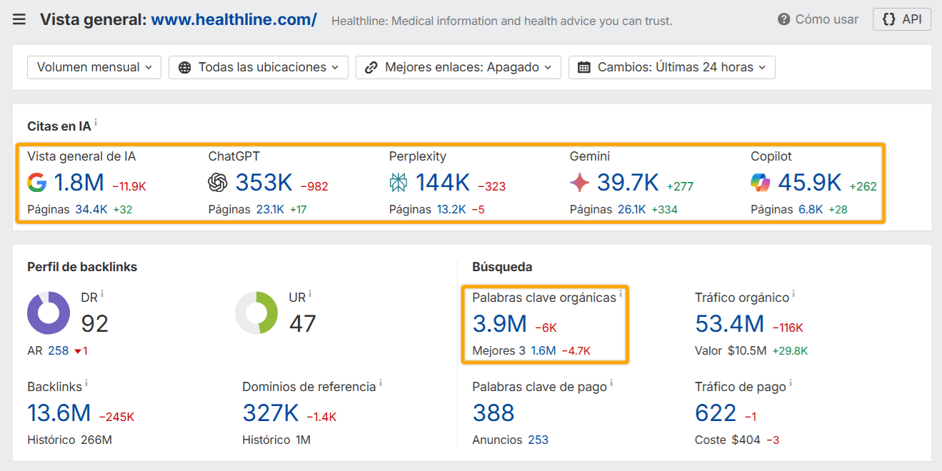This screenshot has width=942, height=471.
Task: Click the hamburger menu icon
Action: [19, 19]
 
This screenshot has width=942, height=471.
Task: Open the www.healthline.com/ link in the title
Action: [234, 20]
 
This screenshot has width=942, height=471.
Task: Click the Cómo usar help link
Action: [818, 19]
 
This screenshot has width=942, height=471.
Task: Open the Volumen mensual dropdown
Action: [94, 67]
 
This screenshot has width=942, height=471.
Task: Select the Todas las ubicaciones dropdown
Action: [259, 67]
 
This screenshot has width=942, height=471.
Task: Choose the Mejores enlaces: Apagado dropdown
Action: [459, 67]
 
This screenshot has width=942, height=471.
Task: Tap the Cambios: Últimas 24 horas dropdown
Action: [672, 67]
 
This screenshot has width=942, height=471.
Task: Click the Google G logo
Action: [37, 183]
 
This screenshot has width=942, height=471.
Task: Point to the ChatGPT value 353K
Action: [264, 183]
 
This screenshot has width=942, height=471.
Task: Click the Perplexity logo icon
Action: [399, 183]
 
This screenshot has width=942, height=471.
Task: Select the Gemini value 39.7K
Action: [628, 183]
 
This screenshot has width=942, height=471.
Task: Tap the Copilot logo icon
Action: [761, 183]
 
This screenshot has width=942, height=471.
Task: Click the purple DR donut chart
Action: [49, 313]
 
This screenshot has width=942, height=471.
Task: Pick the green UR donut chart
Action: [256, 313]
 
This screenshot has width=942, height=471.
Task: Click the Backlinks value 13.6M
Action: [59, 413]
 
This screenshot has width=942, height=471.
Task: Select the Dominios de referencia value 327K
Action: [271, 413]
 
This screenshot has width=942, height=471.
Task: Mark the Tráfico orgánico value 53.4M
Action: [729, 325]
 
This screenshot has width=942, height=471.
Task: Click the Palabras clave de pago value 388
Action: [493, 413]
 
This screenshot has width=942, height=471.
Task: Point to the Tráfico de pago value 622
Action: [716, 413]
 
